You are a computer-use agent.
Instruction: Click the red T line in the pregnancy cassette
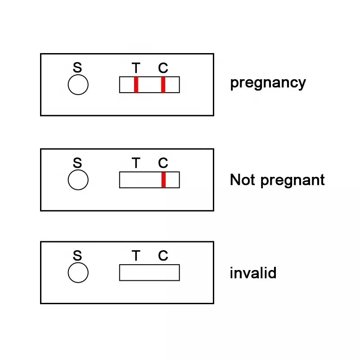point(136,85)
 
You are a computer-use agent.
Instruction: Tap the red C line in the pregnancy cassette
point(163,85)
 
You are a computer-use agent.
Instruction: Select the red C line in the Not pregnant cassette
point(163,180)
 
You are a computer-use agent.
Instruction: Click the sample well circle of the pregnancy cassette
point(78,85)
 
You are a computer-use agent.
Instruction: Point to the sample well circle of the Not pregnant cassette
point(78,180)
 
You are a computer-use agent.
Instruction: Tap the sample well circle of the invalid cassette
point(78,273)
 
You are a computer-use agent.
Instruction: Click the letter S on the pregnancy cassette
point(77,68)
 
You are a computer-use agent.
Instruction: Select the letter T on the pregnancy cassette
point(136,68)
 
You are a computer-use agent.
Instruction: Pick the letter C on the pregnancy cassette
point(163,68)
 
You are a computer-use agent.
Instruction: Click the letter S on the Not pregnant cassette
point(77,163)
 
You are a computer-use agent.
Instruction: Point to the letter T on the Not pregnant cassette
point(136,163)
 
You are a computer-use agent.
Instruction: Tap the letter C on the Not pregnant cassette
point(163,163)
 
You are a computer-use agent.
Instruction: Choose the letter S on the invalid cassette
point(77,256)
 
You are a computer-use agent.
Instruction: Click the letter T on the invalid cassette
point(136,256)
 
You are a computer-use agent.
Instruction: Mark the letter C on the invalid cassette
point(163,256)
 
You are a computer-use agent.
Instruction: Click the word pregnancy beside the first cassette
point(268,83)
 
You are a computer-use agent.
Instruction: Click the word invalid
point(253,273)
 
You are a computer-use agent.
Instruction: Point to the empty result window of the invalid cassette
point(149,272)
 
